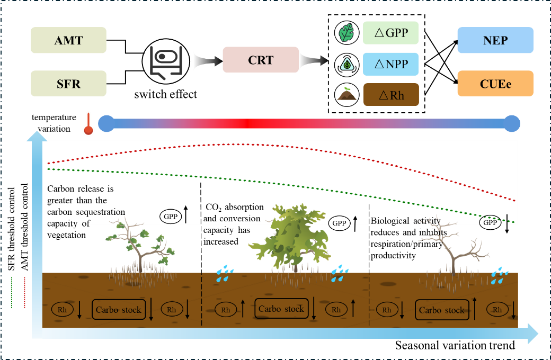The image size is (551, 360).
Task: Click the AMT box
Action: click(68, 40)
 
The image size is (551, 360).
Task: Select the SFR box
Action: click(68, 84)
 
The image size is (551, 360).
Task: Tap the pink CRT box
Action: click(261, 60)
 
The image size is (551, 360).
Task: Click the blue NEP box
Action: click(495, 40)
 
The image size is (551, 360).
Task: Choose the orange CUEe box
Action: click(495, 84)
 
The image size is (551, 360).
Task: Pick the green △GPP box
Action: click(391, 33)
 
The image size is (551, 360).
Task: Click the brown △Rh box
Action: click(391, 94)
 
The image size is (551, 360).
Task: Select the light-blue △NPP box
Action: click(391, 64)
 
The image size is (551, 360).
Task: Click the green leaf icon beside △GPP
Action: click(346, 33)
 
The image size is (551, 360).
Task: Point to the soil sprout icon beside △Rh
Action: click(346, 95)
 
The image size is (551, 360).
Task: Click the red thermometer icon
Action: click(88, 124)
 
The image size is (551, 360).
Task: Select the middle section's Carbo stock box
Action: click(281, 309)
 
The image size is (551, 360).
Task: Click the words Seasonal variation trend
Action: click(455, 346)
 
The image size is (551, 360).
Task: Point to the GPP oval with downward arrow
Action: click(490, 222)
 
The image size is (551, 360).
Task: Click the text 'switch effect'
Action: click(165, 94)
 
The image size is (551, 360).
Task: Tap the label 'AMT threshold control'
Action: click(24, 227)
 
